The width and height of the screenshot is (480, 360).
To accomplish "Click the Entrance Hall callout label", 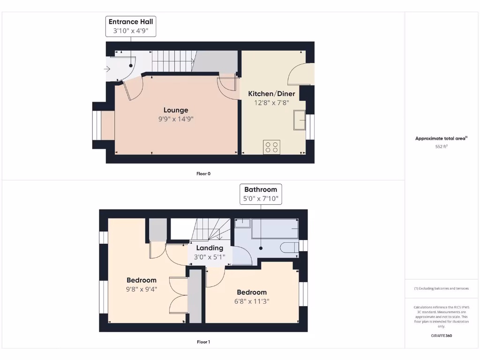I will click(131, 26).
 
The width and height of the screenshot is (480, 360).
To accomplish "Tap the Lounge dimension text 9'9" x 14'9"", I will click(176, 119).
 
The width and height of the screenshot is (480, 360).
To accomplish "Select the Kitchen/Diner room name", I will click(269, 93).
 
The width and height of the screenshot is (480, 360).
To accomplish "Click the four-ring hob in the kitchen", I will click(272, 147).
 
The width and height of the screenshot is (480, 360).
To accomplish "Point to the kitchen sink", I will click(299, 120).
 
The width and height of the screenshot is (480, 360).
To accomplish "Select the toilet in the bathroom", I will click(289, 247).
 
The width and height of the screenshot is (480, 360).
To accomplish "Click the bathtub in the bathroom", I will click(275, 228).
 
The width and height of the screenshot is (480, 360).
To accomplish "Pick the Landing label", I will click(210, 248).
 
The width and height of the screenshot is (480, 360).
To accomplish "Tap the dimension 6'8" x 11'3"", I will click(252, 301).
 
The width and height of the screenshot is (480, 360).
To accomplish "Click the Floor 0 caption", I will click(203, 173).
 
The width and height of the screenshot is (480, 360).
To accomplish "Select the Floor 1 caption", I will click(203, 342).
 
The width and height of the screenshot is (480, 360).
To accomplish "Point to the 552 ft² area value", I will click(441, 147).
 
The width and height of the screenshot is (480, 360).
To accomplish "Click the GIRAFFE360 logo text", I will click(441, 336).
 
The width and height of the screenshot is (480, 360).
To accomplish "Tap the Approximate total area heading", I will click(441, 138).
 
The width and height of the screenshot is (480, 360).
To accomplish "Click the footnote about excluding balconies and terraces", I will click(441, 288).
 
